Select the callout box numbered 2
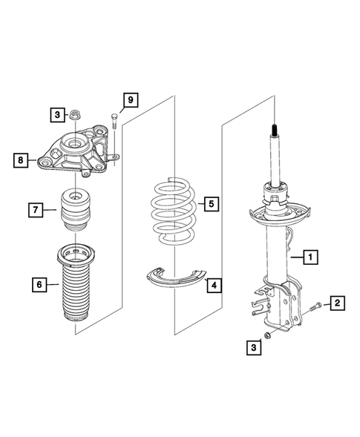pyautogui.click(x=337, y=302)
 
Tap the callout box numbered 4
pyautogui.click(x=213, y=284)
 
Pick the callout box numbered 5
pyautogui.click(x=211, y=203)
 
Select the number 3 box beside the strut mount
pyautogui.click(x=56, y=114)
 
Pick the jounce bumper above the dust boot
pyautogui.click(x=76, y=211)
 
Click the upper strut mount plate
pyautogui.click(x=75, y=154)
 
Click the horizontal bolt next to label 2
pyautogui.click(x=313, y=305)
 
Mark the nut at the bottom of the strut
pyautogui.click(x=270, y=335)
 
